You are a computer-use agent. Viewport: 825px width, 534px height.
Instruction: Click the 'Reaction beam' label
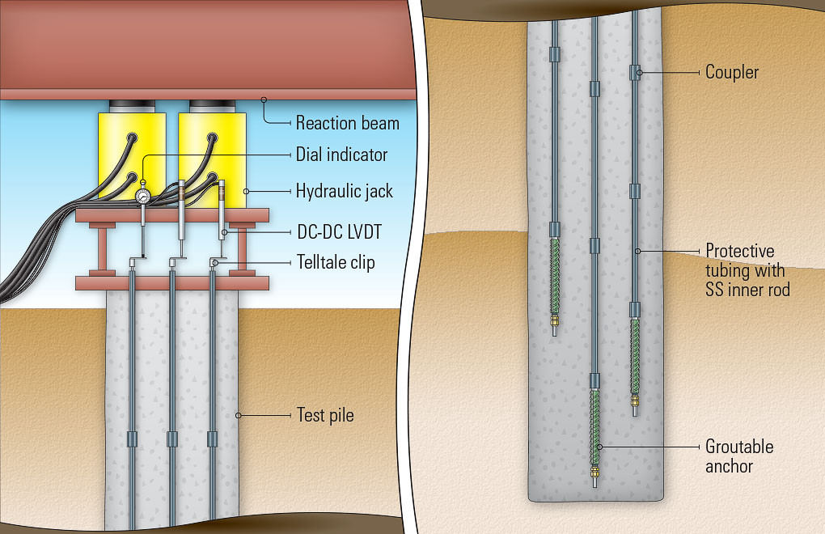coord(347,124)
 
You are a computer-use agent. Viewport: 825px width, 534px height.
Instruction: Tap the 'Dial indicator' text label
coord(341,155)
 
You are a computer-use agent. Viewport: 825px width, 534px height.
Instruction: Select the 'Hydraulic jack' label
coord(344,192)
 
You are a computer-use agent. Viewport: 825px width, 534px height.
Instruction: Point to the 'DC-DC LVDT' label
coord(340,232)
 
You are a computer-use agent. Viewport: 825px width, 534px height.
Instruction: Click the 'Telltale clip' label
coord(335,263)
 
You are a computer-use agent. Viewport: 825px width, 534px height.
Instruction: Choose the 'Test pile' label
coord(325,416)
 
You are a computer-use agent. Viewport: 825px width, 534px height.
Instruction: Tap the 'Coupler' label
coord(731,73)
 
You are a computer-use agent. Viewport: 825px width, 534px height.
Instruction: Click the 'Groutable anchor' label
coord(739,456)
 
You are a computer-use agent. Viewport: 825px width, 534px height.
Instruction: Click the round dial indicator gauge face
coord(143,195)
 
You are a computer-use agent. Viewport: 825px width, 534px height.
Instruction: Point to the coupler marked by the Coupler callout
coord(636,73)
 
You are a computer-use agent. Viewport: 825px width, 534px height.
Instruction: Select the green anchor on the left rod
coord(555,275)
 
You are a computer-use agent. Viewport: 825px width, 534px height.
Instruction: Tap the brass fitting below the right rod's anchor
coord(636,399)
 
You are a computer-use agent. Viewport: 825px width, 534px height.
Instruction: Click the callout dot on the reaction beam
coord(263,100)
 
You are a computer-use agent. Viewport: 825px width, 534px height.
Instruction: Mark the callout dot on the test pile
coord(239,416)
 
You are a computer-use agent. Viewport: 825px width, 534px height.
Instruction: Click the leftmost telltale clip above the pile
coord(133,261)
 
